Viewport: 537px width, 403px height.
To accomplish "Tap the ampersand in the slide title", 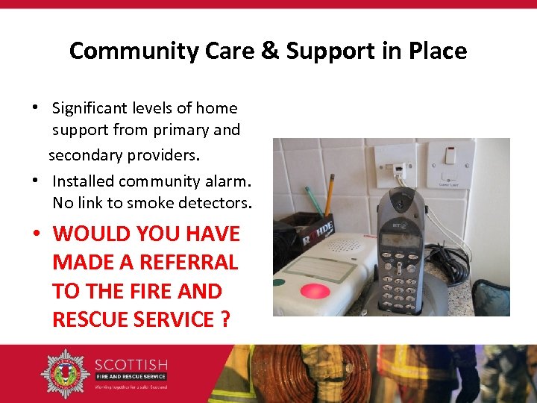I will (x=274, y=51).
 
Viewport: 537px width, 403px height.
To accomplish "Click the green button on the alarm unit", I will (x=279, y=283).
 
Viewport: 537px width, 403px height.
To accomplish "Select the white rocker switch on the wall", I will (x=450, y=155).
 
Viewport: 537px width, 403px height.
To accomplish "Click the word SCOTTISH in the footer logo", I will (x=131, y=365).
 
